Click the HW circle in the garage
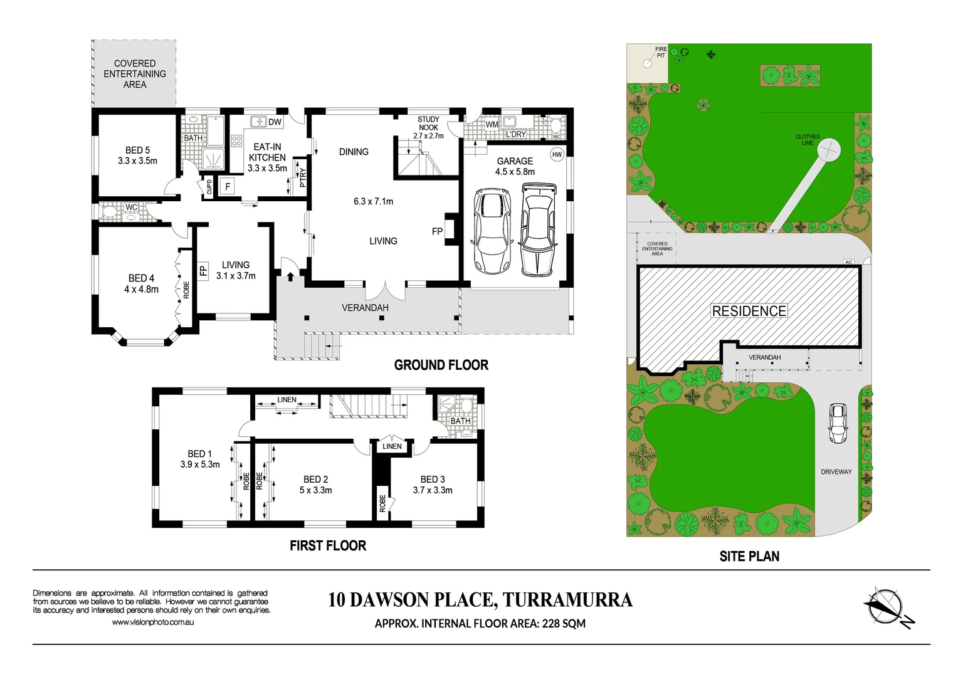(x=557, y=154)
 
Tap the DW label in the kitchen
(x=275, y=122)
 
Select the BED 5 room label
(x=137, y=150)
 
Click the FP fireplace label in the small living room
(x=203, y=271)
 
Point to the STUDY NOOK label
(x=428, y=123)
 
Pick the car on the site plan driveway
(x=837, y=424)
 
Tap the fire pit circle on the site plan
(x=648, y=63)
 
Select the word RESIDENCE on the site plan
(x=749, y=312)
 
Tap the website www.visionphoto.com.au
(x=152, y=622)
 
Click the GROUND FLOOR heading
(x=441, y=365)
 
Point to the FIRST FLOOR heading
(x=327, y=546)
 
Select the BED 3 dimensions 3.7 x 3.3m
(x=433, y=490)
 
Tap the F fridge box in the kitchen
(x=228, y=187)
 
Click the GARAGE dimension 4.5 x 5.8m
(x=515, y=172)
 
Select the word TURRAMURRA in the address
(x=567, y=600)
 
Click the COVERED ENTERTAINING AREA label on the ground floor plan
(x=135, y=74)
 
